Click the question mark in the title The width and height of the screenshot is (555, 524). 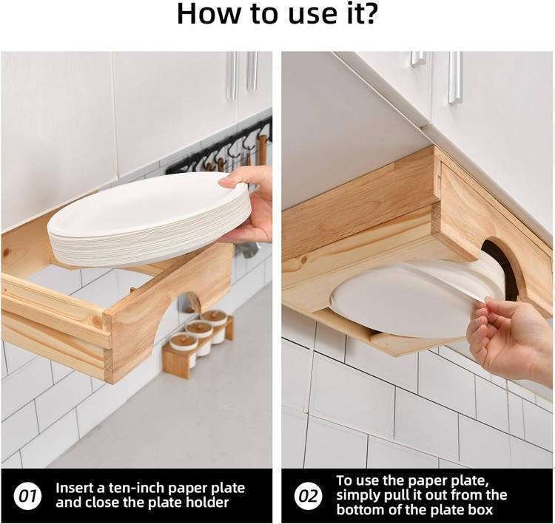[369, 13]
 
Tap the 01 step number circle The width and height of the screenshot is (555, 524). [27, 496]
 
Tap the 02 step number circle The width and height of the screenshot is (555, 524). [309, 496]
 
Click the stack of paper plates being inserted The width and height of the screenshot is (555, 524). [149, 220]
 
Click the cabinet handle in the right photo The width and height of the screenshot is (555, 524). [455, 78]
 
